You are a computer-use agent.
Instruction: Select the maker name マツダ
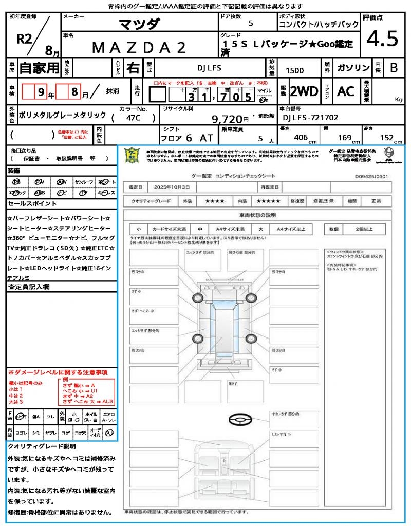(139, 24)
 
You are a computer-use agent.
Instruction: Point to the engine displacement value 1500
(294, 71)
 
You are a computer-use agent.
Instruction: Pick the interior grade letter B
(394, 68)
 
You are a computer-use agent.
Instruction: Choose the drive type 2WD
(304, 91)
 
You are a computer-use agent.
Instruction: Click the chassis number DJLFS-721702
(311, 118)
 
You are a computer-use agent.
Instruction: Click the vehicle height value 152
(386, 138)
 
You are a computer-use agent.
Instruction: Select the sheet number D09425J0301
(371, 176)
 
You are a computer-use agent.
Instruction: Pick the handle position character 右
(133, 67)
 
